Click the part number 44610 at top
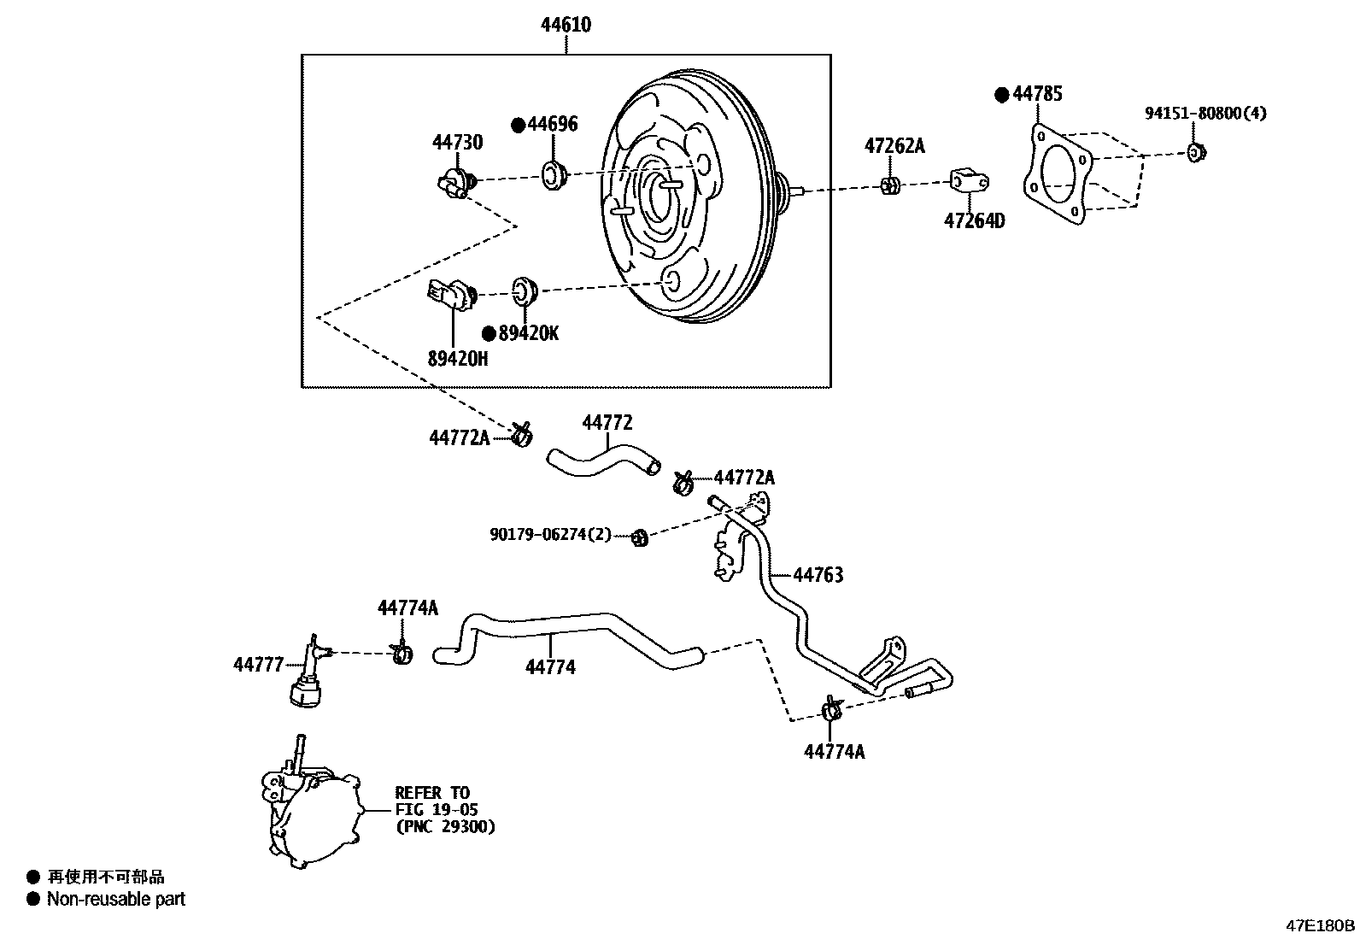point(566,26)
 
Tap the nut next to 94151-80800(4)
point(1196,153)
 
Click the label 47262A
point(894,146)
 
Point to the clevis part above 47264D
point(969,180)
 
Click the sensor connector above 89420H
point(451,296)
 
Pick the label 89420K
point(528,334)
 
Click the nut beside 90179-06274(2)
point(639,537)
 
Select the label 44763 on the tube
point(818,575)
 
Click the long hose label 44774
point(550,667)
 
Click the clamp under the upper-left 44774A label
point(402,654)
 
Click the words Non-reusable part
point(115,899)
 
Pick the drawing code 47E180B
point(1321,925)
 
